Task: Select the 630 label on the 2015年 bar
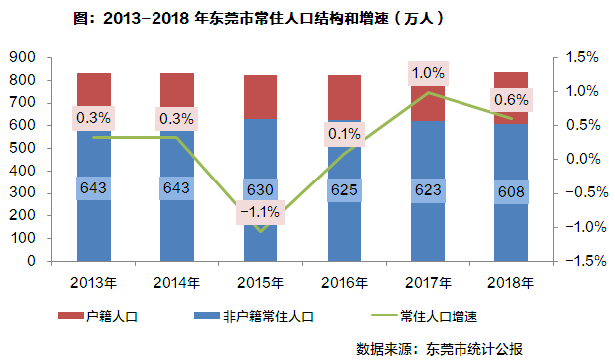point(261,188)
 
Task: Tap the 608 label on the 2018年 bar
point(512,188)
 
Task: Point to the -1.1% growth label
point(261,212)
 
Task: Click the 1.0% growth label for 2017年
point(428,73)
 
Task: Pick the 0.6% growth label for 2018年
point(511,100)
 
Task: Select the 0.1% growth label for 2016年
point(344,133)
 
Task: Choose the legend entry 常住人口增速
point(439,317)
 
